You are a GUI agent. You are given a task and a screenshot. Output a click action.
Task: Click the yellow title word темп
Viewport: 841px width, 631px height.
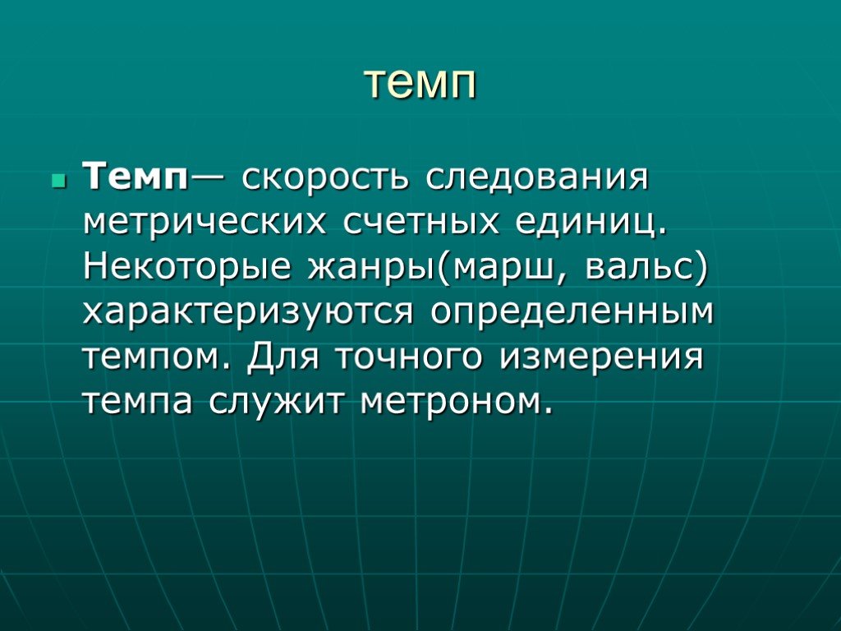tap(420, 85)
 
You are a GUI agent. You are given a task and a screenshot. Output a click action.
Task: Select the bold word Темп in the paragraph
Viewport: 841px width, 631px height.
tap(136, 177)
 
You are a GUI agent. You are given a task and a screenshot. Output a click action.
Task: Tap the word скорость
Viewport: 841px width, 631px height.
tap(325, 177)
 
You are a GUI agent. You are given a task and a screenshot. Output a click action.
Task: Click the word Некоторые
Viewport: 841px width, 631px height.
tap(187, 267)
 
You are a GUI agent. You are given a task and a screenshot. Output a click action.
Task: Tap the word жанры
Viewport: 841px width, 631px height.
tap(372, 269)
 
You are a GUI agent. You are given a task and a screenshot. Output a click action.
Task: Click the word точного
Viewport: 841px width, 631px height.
tap(409, 357)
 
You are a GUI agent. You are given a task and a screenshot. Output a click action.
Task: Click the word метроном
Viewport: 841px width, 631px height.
tap(456, 401)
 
